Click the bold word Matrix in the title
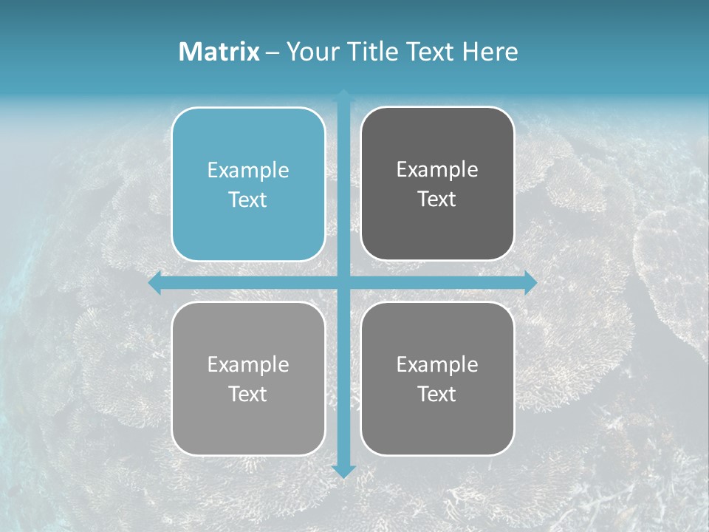[219, 52]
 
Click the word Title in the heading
[376, 52]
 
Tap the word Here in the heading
[490, 52]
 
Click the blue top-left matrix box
[248, 184]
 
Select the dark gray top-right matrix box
[437, 184]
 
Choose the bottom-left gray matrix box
[248, 378]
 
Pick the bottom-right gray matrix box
[437, 378]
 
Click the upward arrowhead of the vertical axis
[343, 95]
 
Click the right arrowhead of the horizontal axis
[530, 283]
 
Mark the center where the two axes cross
[343, 283]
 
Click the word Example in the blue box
[248, 171]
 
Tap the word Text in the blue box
[248, 200]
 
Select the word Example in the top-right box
[437, 170]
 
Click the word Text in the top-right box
[437, 199]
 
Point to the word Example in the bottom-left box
[248, 364]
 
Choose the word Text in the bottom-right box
[437, 394]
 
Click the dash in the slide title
[273, 52]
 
